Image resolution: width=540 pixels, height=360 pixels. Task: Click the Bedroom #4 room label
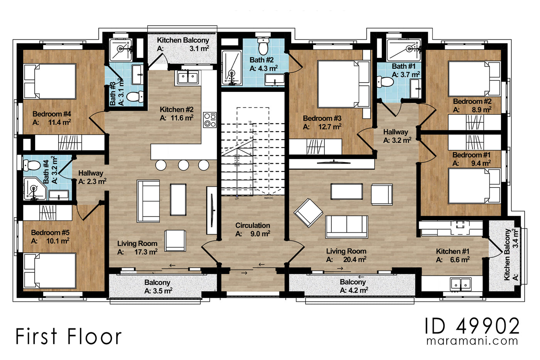pyautogui.click(x=52, y=114)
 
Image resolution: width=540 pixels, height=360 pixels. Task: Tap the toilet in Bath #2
pyautogui.click(x=263, y=47)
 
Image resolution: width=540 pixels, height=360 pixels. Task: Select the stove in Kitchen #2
pyautogui.click(x=210, y=120)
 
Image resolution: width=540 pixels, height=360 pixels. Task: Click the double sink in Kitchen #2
pyautogui.click(x=188, y=78)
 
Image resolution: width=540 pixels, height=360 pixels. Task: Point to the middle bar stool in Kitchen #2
pyautogui.click(x=183, y=165)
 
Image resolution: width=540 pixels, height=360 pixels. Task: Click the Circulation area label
pyautogui.click(x=253, y=225)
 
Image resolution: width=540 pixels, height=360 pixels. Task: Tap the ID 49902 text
pyautogui.click(x=472, y=326)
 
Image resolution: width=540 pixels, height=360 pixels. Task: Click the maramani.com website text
pyautogui.click(x=472, y=341)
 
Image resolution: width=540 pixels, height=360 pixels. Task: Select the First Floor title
pyautogui.click(x=68, y=336)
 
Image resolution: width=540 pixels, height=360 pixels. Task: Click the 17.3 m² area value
pyautogui.click(x=146, y=252)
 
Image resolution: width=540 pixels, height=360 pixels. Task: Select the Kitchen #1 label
pyautogui.click(x=452, y=251)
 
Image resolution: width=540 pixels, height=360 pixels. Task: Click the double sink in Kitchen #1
pyautogui.click(x=461, y=284)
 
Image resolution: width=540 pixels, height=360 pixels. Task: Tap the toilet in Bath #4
pyautogui.click(x=32, y=166)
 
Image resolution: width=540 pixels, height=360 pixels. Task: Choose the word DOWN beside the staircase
pyautogui.click(x=269, y=198)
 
